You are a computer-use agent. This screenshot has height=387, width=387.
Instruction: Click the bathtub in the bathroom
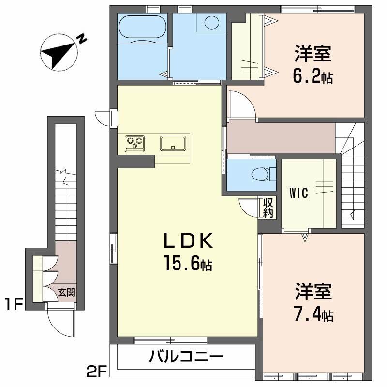point(142,27)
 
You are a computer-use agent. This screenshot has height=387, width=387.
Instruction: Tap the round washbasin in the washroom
point(212,22)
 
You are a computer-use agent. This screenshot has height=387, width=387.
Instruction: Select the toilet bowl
point(260,174)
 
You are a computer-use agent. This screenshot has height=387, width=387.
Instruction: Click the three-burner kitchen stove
point(134,144)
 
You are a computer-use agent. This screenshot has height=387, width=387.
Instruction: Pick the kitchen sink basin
point(173,143)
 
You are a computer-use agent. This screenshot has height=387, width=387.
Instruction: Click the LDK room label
point(188,240)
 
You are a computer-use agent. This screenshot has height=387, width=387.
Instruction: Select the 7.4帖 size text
point(313,313)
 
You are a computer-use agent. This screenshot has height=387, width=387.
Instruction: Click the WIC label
point(299,193)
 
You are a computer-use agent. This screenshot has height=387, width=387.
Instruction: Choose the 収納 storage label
point(268,208)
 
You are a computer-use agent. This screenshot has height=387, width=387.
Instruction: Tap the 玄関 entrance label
point(66,293)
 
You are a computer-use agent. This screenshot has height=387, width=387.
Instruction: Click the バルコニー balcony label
point(186,357)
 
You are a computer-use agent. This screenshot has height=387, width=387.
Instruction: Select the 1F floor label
point(14,304)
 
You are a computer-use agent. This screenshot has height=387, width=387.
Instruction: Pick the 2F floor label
point(96,372)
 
